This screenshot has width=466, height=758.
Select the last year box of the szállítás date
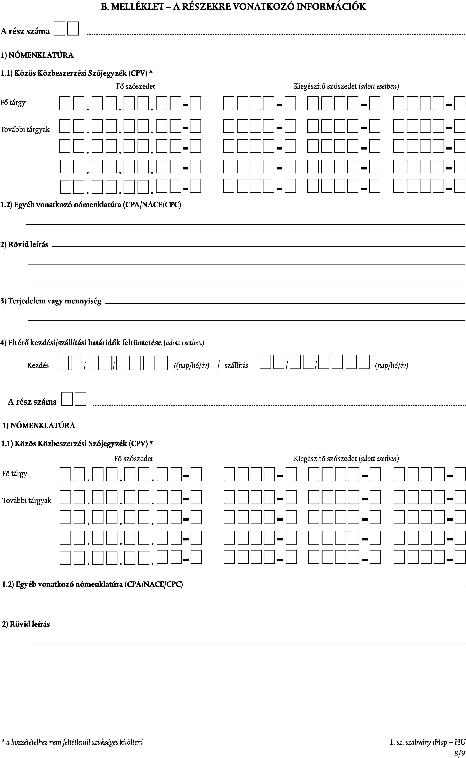[364, 362]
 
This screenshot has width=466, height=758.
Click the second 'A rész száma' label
[32, 402]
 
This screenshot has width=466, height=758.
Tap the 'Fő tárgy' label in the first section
[13, 102]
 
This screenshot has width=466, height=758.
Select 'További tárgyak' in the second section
[27, 500]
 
